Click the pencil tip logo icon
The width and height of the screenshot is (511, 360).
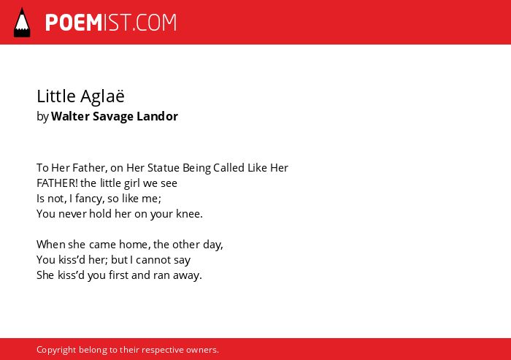(x=22, y=23)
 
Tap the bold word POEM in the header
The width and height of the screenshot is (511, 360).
(x=74, y=23)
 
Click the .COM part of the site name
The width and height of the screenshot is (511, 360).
(x=155, y=23)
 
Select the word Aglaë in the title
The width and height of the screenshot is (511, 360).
(x=102, y=96)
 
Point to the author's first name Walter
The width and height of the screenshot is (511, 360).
(x=70, y=116)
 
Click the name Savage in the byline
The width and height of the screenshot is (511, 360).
(x=113, y=117)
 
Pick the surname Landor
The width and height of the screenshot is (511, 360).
(x=158, y=116)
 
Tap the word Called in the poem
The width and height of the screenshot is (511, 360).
(x=228, y=168)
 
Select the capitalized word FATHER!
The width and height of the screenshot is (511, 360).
(x=57, y=183)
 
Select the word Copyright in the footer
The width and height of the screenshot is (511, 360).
(x=56, y=350)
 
